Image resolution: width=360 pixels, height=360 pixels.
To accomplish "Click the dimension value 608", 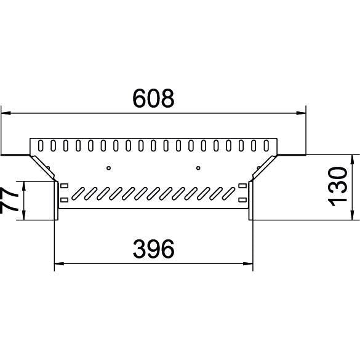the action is [153, 98].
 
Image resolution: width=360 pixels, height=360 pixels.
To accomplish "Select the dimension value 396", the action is [153, 249].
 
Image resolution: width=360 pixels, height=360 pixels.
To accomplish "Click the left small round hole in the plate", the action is [108, 168].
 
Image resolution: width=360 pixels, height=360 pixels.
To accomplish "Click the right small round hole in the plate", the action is [198, 168].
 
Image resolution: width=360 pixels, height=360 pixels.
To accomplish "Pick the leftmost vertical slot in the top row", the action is [41, 146].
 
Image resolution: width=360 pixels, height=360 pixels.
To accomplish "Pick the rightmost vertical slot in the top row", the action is [266, 146].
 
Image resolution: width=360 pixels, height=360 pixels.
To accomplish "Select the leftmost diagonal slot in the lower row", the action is [78, 193].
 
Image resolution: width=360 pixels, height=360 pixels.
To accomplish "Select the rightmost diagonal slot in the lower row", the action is [228, 193].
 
